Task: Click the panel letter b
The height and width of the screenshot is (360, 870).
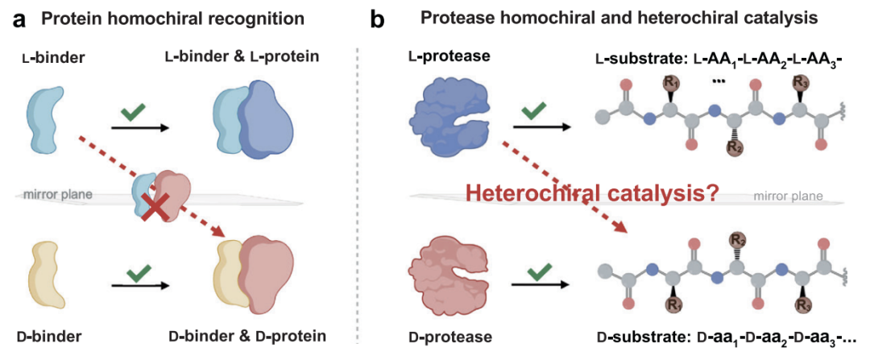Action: click(375, 19)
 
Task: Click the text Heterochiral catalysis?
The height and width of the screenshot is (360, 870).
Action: click(590, 194)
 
